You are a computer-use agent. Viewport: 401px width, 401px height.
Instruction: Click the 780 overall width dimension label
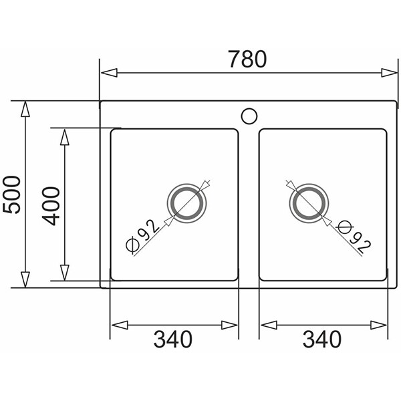[247, 59]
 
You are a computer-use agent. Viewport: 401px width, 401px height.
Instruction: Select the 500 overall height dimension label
[11, 194]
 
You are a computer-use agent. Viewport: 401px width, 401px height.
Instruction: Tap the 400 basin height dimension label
[51, 206]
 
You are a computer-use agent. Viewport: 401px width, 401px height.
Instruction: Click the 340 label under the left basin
[172, 340]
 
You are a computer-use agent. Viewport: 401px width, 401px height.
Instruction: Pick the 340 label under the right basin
[322, 340]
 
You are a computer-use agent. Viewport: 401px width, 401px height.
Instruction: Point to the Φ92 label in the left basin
[142, 236]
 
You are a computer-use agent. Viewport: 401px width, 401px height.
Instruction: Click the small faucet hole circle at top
[249, 116]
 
